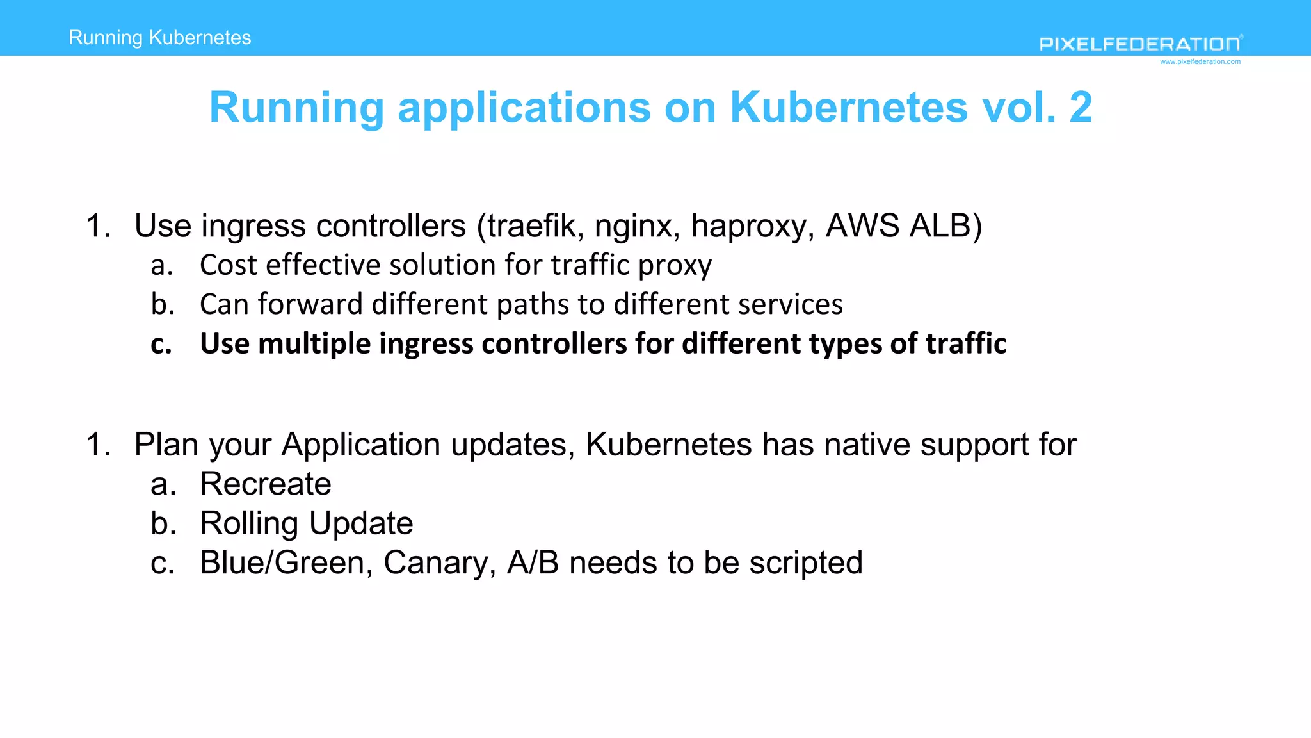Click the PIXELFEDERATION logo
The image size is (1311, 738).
click(x=1140, y=44)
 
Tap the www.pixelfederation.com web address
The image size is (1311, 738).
click(x=1200, y=62)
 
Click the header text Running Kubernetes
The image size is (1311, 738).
click(x=160, y=38)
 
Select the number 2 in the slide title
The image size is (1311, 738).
click(x=1081, y=107)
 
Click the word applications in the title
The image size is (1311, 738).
click(x=524, y=108)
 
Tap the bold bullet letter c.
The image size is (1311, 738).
click(x=161, y=345)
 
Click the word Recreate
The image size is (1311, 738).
click(x=266, y=484)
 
